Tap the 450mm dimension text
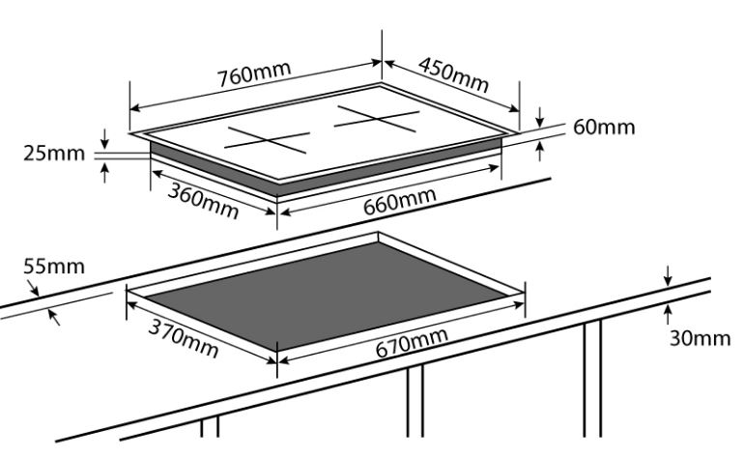click(x=453, y=74)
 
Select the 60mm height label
click(x=604, y=128)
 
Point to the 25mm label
click(x=54, y=154)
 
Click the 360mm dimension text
click(x=203, y=201)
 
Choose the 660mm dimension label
click(x=399, y=201)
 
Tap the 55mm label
click(x=54, y=267)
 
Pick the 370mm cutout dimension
click(x=184, y=338)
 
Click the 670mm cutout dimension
click(x=412, y=342)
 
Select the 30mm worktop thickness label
click(x=700, y=338)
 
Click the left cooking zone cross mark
click(x=267, y=140)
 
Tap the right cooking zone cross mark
click(x=377, y=119)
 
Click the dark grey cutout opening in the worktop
click(x=327, y=295)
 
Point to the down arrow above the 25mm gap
click(x=105, y=138)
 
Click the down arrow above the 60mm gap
click(x=540, y=118)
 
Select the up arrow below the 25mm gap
click(x=105, y=172)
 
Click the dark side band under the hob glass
click(x=326, y=168)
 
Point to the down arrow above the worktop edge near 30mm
click(x=668, y=276)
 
